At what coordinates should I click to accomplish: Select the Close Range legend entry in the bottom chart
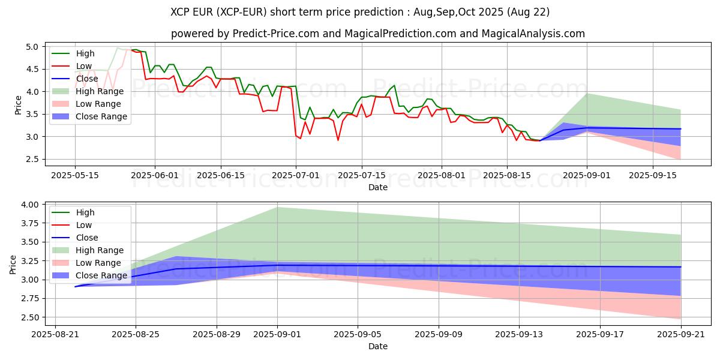[101, 275]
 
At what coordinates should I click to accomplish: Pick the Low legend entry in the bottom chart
[85, 225]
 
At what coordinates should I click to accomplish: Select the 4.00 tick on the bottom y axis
[29, 205]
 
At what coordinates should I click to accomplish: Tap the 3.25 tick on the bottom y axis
[29, 261]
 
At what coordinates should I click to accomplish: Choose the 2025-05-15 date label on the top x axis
[74, 175]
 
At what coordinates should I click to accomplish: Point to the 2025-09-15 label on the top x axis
[652, 175]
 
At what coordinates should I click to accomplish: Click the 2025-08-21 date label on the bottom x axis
[55, 334]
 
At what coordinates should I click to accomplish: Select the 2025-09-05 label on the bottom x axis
[358, 334]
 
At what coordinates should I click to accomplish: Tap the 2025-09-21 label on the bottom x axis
[681, 334]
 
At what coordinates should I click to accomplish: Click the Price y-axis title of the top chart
[18, 103]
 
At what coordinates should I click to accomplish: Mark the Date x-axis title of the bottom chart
[378, 346]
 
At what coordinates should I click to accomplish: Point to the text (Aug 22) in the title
[529, 12]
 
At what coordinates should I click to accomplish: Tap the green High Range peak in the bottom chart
[277, 208]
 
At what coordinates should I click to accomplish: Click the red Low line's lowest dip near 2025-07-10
[338, 140]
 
